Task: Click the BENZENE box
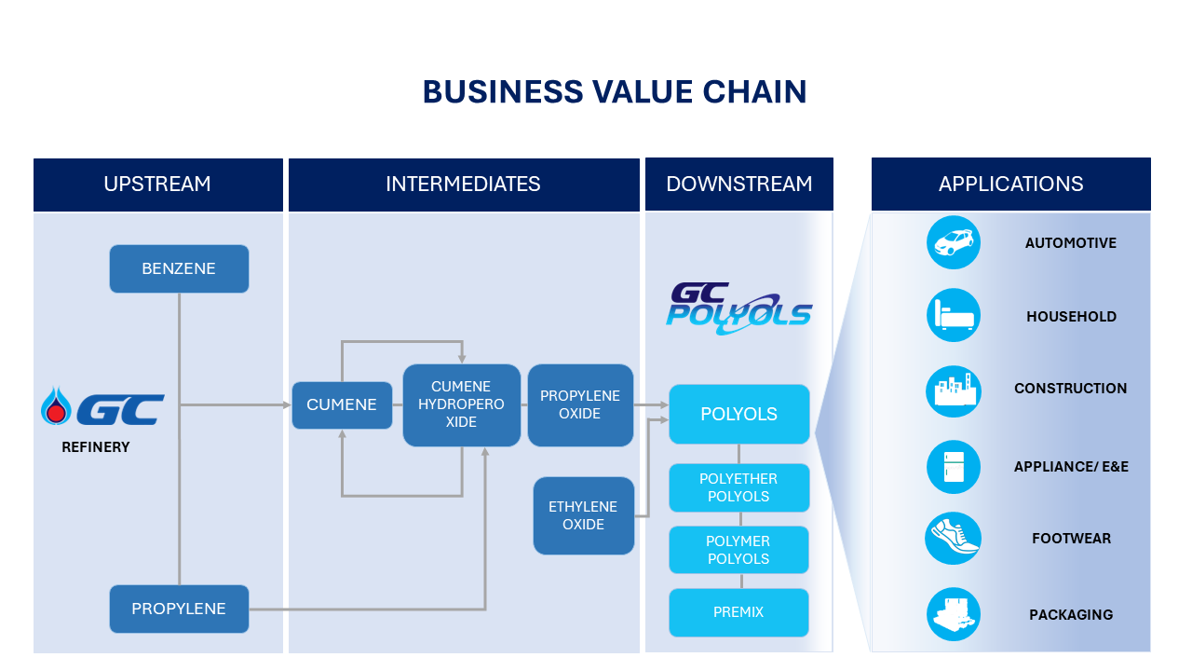tap(179, 268)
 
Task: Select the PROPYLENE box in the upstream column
tap(179, 609)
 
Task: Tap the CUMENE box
tap(342, 404)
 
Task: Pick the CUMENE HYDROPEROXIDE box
tap(461, 404)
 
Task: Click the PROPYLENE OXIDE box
tap(580, 404)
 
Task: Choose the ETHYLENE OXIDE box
tap(583, 515)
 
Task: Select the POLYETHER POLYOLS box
tap(738, 487)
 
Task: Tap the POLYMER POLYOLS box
tap(738, 550)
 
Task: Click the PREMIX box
tap(738, 612)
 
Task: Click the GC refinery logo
tap(103, 408)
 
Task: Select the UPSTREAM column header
tap(157, 185)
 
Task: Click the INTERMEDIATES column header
tap(463, 185)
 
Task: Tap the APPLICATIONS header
tap(1010, 185)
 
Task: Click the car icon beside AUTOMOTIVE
tap(954, 242)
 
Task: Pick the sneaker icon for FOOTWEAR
tap(954, 538)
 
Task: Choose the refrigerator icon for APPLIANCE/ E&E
tap(954, 466)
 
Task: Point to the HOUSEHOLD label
tap(1071, 317)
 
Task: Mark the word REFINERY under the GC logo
tap(96, 447)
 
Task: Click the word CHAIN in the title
tap(754, 92)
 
